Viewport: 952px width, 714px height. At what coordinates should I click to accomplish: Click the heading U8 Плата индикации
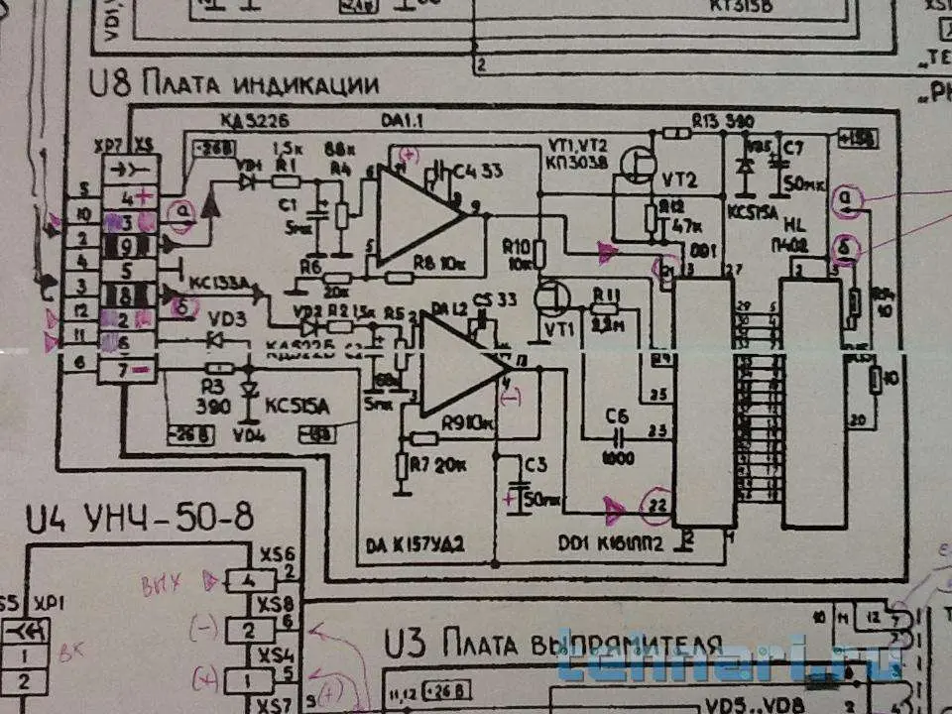click(x=234, y=84)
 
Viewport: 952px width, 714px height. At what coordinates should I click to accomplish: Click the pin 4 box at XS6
click(x=250, y=579)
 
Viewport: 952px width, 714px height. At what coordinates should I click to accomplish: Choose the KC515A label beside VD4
click(x=298, y=406)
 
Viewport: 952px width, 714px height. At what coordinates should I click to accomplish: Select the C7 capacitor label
click(x=793, y=149)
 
